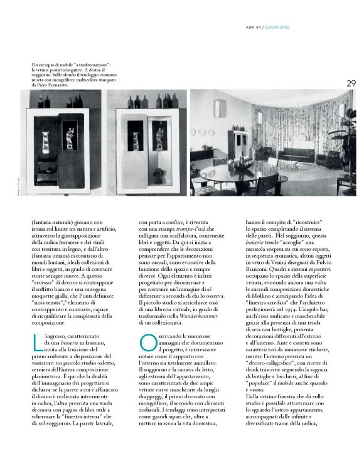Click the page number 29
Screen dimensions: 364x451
coord(351,83)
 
